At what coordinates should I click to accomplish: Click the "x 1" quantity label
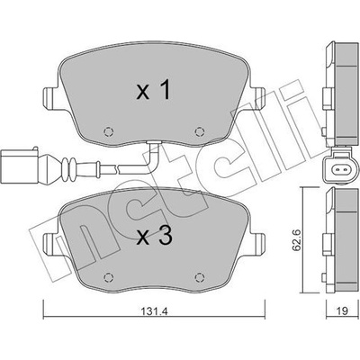click(154, 90)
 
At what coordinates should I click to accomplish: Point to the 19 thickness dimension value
click(342, 310)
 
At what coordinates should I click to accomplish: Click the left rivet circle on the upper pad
click(109, 131)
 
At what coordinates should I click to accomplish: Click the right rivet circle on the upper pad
click(199, 131)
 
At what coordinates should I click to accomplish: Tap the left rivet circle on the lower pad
click(109, 278)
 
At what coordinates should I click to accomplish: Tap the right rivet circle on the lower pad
click(199, 278)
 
